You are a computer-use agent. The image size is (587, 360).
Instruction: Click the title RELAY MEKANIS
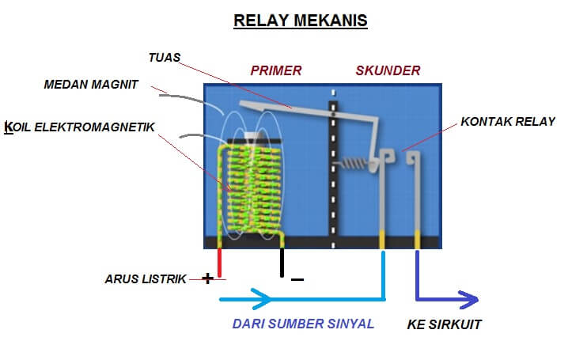click(301, 21)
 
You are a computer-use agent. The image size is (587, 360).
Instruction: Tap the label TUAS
click(165, 57)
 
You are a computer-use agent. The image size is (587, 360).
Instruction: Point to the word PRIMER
click(276, 70)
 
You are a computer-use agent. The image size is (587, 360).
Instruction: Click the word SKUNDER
click(388, 70)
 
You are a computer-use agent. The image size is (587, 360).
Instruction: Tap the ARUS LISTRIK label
click(145, 279)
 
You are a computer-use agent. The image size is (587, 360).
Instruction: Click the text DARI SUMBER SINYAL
click(303, 324)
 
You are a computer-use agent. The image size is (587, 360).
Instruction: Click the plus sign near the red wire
click(207, 278)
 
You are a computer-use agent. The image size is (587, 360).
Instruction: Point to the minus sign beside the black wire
click(297, 279)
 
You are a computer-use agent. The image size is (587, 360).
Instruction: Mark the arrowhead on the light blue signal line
click(263, 300)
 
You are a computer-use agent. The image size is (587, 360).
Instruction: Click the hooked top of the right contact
click(412, 157)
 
